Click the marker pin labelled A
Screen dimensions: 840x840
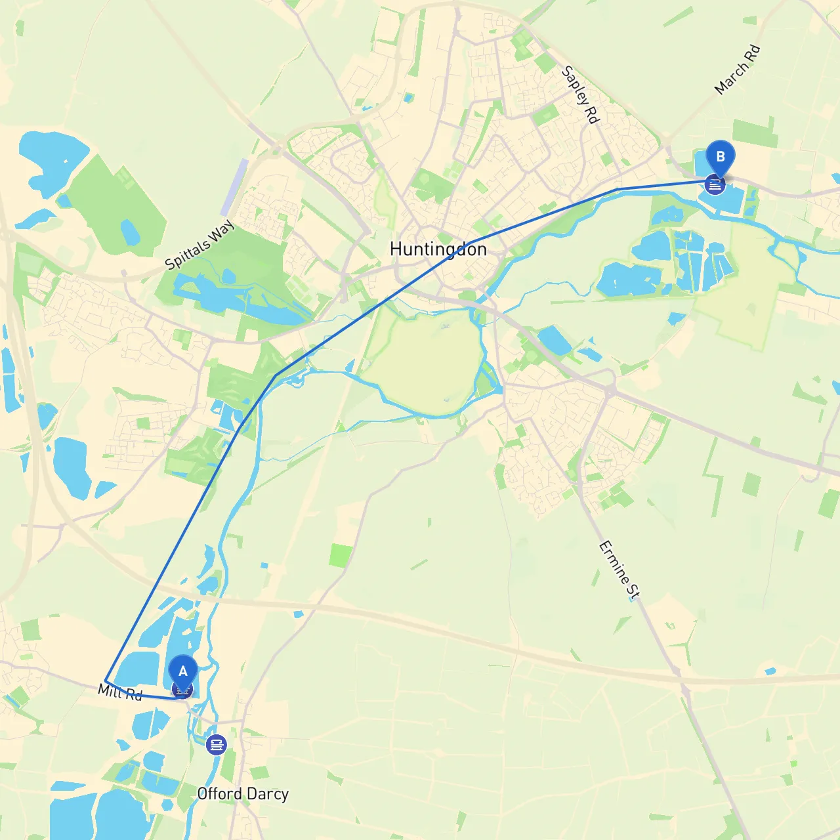pyautogui.click(x=183, y=671)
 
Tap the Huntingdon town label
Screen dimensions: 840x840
pyautogui.click(x=438, y=249)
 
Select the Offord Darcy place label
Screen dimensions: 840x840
pyautogui.click(x=243, y=794)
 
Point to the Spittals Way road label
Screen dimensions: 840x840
pyautogui.click(x=199, y=245)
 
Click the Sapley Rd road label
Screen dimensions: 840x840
pyautogui.click(x=581, y=94)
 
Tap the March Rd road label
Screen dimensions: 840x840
pyautogui.click(x=737, y=69)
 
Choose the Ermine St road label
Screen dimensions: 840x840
pyautogui.click(x=619, y=570)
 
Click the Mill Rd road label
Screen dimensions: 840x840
pyautogui.click(x=120, y=692)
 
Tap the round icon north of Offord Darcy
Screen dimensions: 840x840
pyautogui.click(x=216, y=745)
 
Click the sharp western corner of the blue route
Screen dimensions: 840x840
pyautogui.click(x=106, y=680)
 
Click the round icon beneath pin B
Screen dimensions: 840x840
pyautogui.click(x=715, y=185)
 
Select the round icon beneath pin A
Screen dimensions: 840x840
pyautogui.click(x=182, y=690)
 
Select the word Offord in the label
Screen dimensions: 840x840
pyautogui.click(x=219, y=794)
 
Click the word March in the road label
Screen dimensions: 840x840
pyautogui.click(x=730, y=78)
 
